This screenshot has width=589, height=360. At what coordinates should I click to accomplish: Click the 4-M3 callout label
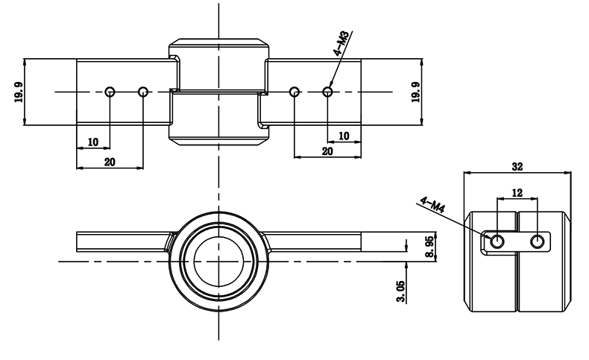(x=342, y=43)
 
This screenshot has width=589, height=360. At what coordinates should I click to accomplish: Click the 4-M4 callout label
(x=433, y=205)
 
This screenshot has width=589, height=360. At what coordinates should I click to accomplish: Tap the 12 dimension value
(x=517, y=192)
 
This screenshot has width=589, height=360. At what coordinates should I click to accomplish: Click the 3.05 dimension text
(x=402, y=291)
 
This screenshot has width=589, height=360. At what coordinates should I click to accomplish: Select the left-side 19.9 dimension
(x=17, y=92)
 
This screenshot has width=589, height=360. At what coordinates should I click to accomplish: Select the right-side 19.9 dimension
(x=415, y=92)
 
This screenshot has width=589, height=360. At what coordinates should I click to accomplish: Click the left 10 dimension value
(x=93, y=141)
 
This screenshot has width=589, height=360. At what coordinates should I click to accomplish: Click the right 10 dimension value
(x=344, y=136)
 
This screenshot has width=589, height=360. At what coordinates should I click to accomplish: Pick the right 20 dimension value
(x=327, y=151)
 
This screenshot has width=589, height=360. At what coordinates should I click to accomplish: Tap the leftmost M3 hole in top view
(x=110, y=92)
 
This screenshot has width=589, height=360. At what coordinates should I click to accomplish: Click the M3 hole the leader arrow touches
(x=327, y=92)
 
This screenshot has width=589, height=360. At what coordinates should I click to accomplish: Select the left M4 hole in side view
(x=497, y=241)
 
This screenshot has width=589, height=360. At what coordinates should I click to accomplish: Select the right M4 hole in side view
(x=537, y=241)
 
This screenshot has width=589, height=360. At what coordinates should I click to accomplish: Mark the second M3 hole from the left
(x=144, y=92)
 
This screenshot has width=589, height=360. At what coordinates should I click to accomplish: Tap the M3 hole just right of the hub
(x=294, y=92)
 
